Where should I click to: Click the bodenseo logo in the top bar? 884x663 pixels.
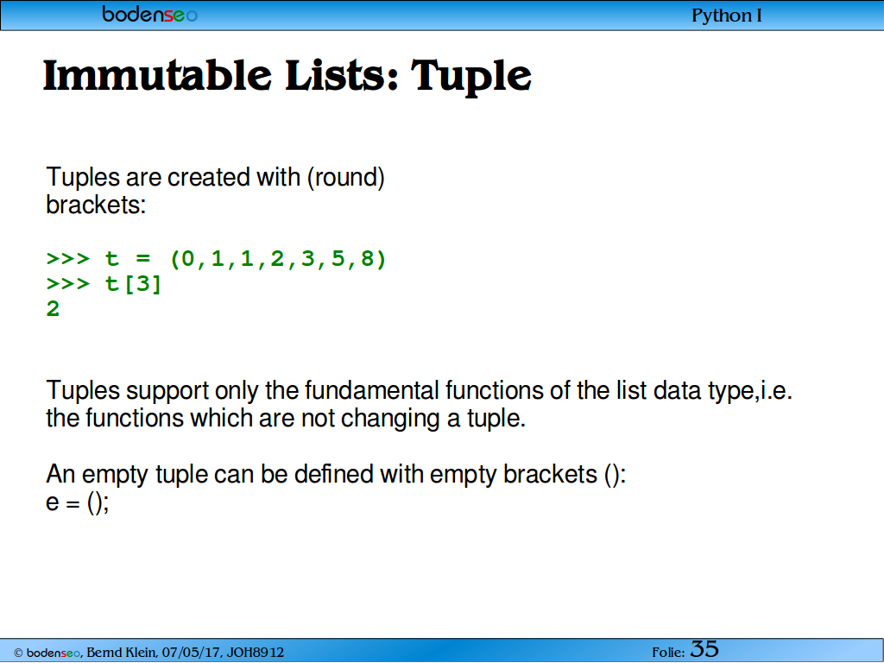(x=149, y=14)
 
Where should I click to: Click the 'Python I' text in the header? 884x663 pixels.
(x=727, y=16)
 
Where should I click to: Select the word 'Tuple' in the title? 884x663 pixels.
(x=470, y=77)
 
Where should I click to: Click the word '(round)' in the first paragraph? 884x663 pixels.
(x=345, y=177)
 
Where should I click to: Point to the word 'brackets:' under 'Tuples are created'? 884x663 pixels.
(x=96, y=205)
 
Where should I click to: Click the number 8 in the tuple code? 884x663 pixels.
(x=368, y=259)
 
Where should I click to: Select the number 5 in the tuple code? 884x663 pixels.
(x=338, y=259)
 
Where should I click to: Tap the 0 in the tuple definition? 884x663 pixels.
(x=187, y=259)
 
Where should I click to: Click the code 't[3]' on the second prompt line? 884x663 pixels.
(x=134, y=283)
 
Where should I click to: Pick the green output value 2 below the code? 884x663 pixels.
(x=53, y=309)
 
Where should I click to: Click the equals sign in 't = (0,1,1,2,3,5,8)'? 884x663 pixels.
(x=143, y=259)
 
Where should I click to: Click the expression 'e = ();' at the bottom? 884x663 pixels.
(x=77, y=502)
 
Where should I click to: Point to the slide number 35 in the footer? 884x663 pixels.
(x=704, y=649)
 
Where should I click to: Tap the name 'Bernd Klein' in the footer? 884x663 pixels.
(x=122, y=653)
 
